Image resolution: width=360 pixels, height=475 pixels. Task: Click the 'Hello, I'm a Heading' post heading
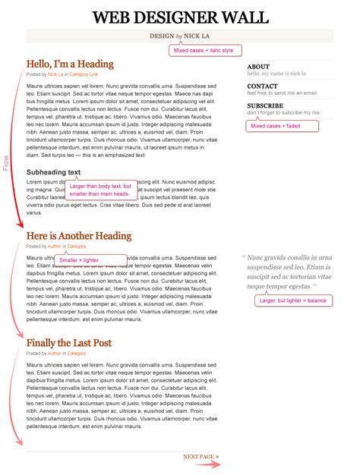(x=70, y=64)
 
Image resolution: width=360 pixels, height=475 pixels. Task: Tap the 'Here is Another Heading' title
(x=79, y=236)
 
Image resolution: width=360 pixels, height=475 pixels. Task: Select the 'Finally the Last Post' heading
(x=69, y=343)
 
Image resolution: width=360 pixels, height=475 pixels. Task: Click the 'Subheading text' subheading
(x=53, y=172)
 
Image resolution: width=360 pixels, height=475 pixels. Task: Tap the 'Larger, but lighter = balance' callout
(x=293, y=300)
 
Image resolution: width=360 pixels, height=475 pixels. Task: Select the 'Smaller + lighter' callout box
(x=79, y=260)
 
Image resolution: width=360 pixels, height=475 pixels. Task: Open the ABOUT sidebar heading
(x=258, y=67)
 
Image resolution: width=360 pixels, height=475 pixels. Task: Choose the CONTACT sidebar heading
(x=262, y=87)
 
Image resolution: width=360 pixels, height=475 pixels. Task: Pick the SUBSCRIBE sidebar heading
(x=265, y=105)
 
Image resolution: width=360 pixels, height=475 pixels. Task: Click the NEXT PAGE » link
(x=201, y=456)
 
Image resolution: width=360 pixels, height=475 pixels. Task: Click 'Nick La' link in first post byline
(x=55, y=74)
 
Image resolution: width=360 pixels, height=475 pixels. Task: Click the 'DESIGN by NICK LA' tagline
(x=180, y=35)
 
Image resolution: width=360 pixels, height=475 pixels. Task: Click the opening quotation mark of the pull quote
(x=243, y=257)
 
